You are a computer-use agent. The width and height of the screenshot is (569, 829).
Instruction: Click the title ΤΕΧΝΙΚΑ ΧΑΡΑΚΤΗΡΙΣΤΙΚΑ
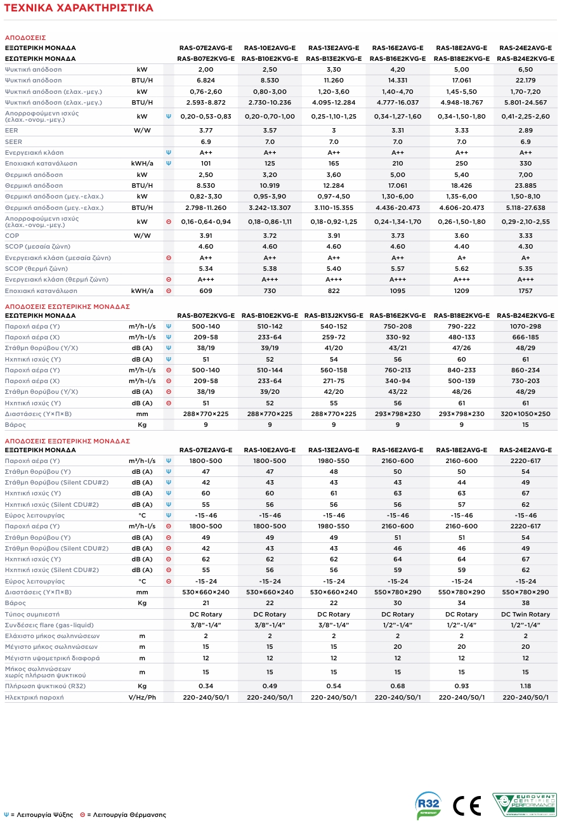pos(79,8)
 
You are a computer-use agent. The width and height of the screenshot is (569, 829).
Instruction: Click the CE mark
pos(468,806)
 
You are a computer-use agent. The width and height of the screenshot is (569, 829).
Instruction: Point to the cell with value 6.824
pos(206,81)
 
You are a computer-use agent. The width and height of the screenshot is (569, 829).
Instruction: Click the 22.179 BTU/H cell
pos(525,81)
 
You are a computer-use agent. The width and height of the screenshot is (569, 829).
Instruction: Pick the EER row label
pos(11,130)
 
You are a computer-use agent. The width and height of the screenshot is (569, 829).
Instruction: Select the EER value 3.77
pos(206,130)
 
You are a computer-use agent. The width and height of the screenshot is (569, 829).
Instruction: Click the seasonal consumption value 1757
pos(525,291)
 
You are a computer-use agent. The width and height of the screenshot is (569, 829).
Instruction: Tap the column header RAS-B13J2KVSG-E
pos(334,316)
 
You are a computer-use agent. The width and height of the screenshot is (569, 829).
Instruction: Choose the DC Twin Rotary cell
pos(525,615)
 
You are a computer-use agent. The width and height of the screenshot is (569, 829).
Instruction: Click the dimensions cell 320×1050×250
pos(525,414)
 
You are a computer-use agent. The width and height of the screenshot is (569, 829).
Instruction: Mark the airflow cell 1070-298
pos(525,327)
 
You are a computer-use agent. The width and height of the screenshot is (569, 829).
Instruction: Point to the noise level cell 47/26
pos(461,348)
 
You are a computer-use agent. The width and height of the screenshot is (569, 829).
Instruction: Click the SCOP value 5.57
pos(398,269)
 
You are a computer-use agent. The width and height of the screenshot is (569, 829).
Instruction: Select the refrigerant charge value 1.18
pos(525,686)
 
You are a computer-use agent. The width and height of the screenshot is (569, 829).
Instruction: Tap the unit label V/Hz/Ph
pos(142,697)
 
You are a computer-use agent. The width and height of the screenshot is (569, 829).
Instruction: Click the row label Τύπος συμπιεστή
pos(32,615)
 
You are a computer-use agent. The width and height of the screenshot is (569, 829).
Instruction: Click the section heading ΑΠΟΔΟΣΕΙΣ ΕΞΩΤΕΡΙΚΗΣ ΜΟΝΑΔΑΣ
pos(67,441)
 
